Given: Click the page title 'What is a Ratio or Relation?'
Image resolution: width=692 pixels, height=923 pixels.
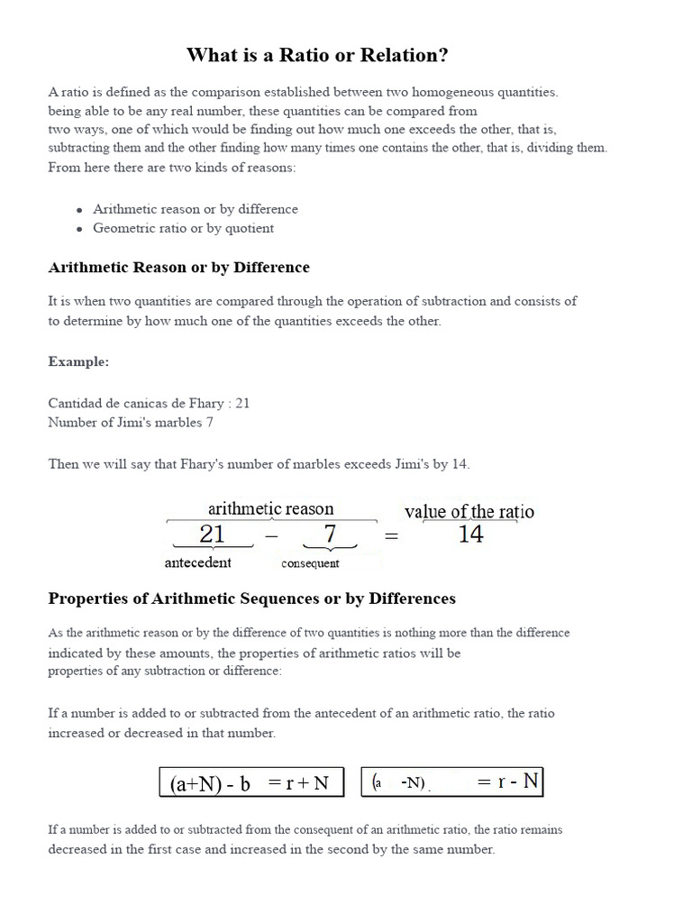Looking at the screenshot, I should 317,55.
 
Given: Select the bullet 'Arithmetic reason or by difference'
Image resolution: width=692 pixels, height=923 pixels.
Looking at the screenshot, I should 195,209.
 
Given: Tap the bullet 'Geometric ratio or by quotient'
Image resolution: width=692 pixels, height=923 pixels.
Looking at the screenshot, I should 183,228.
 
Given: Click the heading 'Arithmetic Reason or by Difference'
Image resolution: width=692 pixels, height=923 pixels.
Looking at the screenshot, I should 178,268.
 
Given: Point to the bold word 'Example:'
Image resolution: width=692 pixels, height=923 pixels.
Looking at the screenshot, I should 78,361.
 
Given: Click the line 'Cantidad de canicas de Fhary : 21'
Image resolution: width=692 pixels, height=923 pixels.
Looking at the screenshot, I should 149,403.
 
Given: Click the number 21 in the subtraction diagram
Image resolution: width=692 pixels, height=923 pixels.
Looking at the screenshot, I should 212,535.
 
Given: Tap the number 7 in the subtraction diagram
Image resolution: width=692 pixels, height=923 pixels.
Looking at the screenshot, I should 330,535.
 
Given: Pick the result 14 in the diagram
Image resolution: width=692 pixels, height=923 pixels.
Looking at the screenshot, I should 470,535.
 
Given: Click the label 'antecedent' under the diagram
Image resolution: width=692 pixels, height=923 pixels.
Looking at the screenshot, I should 197,562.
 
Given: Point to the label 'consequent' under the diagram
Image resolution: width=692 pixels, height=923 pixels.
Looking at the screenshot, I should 310,563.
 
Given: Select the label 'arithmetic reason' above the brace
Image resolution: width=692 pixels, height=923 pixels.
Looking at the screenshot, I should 270,508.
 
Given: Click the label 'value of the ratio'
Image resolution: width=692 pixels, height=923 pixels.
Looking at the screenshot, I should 469,511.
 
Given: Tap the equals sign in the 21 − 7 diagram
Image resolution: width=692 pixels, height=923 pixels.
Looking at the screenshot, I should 391,536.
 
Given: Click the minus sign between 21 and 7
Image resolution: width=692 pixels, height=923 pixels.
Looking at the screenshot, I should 272,536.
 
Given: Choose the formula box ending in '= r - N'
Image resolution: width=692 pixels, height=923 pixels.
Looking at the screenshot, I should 453,782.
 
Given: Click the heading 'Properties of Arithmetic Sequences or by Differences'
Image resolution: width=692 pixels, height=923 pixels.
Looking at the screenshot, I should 251,599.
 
